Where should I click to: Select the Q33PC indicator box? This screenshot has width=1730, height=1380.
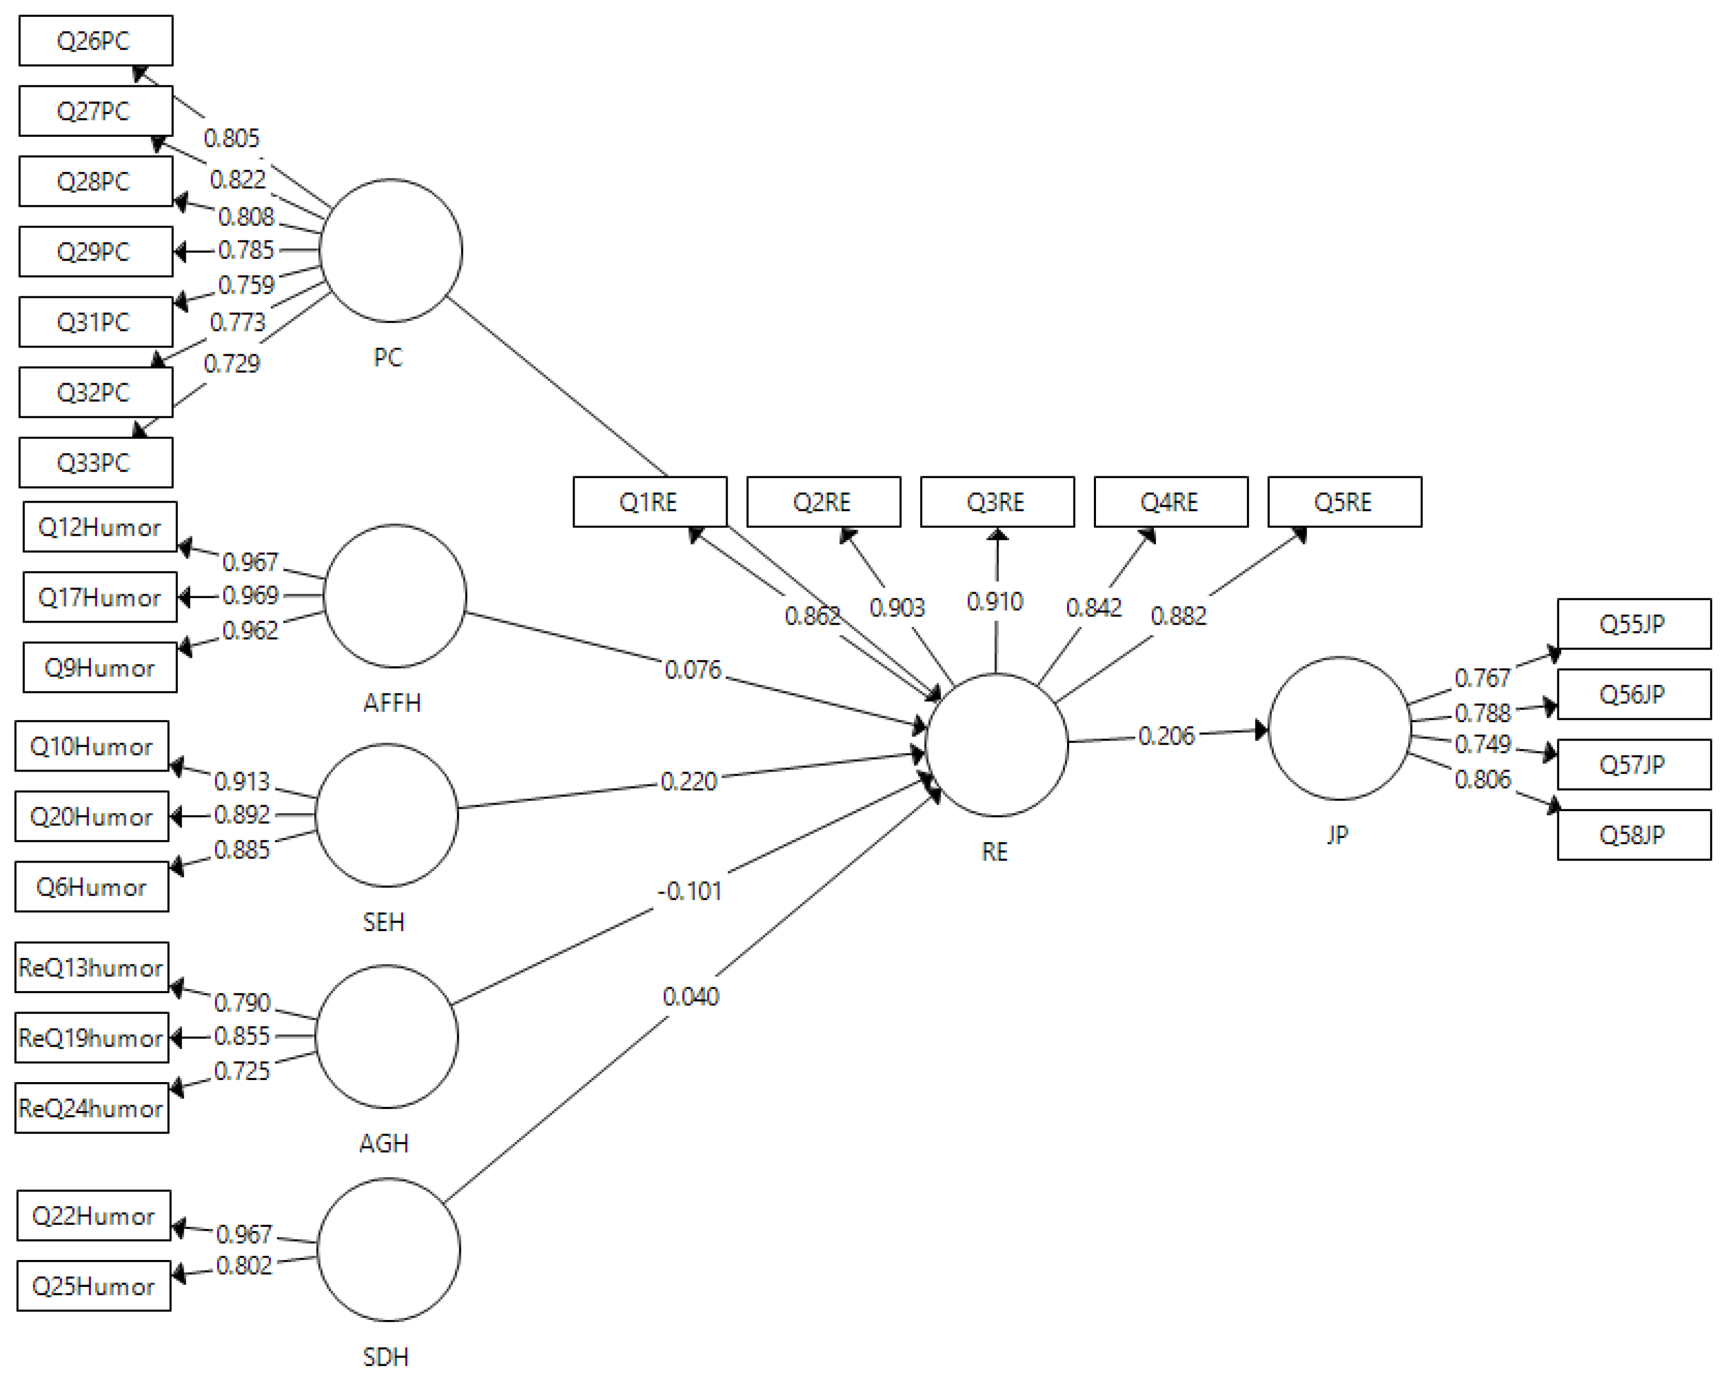click(x=95, y=463)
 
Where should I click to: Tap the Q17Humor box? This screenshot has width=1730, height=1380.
click(x=99, y=597)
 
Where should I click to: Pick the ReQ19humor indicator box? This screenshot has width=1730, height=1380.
click(x=92, y=1038)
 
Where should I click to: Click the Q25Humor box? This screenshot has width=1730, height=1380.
click(x=94, y=1286)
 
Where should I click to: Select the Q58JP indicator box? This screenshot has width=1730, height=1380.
click(x=1634, y=835)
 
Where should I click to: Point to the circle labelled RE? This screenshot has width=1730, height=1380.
click(x=997, y=745)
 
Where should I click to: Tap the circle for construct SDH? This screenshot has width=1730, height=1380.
click(x=388, y=1250)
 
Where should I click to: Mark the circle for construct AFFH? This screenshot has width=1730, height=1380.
click(x=395, y=596)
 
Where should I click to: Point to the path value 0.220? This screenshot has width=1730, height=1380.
click(x=688, y=781)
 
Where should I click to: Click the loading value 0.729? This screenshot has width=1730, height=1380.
click(x=232, y=364)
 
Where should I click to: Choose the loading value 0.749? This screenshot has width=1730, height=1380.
click(x=1483, y=745)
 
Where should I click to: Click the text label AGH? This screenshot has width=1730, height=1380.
click(x=384, y=1143)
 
